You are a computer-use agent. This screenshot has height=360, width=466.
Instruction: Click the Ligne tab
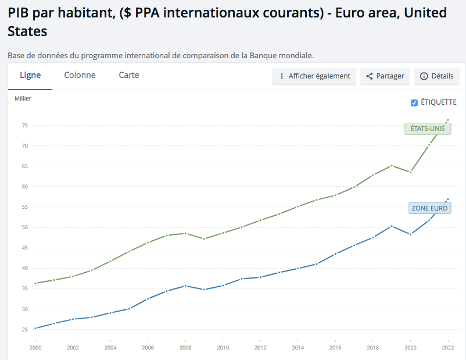[30, 75]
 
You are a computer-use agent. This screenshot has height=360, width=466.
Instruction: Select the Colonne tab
[80, 75]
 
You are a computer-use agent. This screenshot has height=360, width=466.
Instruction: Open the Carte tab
[128, 75]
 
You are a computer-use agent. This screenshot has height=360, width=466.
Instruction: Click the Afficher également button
[314, 76]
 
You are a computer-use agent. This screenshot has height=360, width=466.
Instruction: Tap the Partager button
[385, 76]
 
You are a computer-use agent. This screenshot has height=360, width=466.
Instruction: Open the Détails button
[436, 76]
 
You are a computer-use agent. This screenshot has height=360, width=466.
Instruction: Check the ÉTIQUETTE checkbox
[414, 103]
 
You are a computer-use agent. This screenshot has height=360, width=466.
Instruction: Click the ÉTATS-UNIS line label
[428, 129]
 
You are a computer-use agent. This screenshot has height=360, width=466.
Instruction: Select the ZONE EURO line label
[430, 208]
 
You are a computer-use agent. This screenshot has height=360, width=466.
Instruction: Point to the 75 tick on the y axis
[24, 126]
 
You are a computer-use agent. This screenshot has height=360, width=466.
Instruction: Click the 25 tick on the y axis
[24, 330]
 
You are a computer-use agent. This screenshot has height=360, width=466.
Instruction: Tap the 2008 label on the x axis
[185, 348]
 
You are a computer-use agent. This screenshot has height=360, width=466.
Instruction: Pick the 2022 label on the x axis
[448, 348]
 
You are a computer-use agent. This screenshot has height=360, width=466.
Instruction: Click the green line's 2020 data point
[410, 172]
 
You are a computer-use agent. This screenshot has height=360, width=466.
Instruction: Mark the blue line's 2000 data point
[35, 328]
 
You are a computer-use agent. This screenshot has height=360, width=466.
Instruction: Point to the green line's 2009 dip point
[204, 238]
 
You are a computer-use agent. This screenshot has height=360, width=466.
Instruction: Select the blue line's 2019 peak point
[392, 226]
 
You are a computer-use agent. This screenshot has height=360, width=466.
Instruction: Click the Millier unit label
[23, 98]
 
